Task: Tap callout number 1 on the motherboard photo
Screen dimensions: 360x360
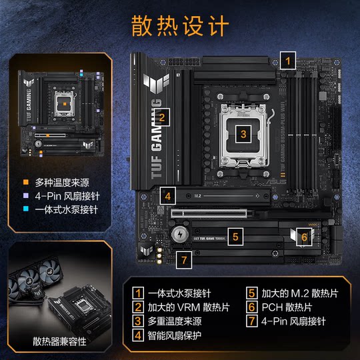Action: tap(288, 60)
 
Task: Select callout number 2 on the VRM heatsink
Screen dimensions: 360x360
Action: tap(162, 119)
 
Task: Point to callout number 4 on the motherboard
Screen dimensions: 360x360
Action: tap(169, 197)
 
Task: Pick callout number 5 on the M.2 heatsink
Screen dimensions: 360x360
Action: tap(235, 235)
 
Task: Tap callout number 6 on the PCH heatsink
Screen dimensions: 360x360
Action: tap(303, 237)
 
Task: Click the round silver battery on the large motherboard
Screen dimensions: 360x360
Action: tap(178, 235)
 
